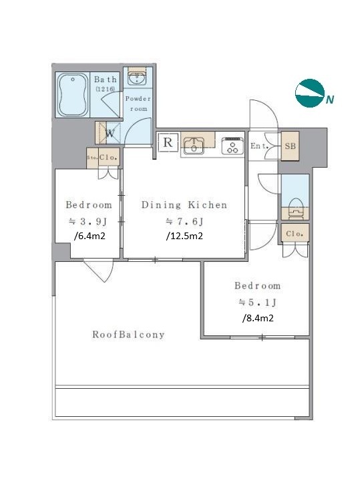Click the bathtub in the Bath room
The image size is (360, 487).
(x=73, y=94)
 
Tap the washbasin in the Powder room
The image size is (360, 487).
(x=138, y=77)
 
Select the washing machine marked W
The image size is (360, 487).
(x=108, y=133)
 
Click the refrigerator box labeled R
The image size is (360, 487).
(x=168, y=142)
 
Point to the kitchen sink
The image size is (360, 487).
(x=194, y=146)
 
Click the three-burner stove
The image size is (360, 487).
(x=232, y=146)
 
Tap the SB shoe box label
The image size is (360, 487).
(x=290, y=146)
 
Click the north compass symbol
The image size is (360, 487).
(x=309, y=93)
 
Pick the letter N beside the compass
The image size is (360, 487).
(x=330, y=100)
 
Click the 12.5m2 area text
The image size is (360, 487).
(x=184, y=236)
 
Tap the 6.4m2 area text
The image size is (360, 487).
(x=89, y=236)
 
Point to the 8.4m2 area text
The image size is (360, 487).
(x=258, y=319)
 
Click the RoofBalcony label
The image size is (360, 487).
(x=128, y=335)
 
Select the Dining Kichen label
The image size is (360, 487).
(x=184, y=205)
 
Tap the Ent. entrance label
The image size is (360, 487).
(x=259, y=146)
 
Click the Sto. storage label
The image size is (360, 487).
(x=92, y=158)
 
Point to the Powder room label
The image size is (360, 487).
(x=138, y=104)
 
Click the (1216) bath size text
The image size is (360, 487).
(x=105, y=89)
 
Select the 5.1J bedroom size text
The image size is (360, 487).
(x=258, y=303)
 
